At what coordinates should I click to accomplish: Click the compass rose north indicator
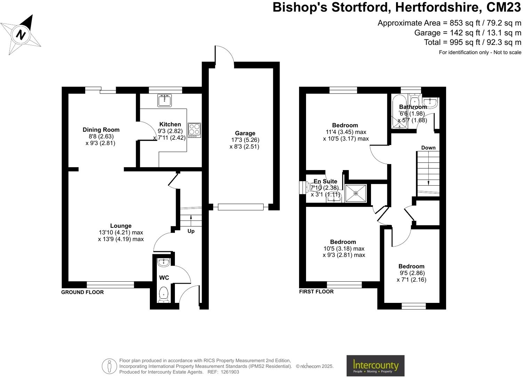tap(21, 34)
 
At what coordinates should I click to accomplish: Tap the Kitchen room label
tap(170, 124)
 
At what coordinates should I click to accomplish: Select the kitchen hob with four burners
tap(194, 130)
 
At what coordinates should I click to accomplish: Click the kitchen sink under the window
tap(164, 100)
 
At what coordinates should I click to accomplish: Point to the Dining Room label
tap(101, 130)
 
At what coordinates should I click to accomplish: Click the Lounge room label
tap(121, 226)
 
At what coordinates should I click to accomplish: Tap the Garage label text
tap(245, 133)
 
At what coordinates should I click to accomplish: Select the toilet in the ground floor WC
tap(163, 294)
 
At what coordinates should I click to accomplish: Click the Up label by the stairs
tap(191, 231)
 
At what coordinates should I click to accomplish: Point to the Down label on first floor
tap(428, 148)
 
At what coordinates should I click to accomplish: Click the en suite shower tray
tap(356, 193)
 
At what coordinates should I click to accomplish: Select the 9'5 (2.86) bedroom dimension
tap(412, 273)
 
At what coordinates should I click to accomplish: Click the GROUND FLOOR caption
tap(82, 292)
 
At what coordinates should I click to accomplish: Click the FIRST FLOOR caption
tap(316, 291)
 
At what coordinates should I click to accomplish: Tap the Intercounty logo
tap(375, 365)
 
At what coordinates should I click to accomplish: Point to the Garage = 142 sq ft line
tap(468, 33)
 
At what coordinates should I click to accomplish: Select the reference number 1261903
tap(228, 372)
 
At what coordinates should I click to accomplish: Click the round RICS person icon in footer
tap(109, 366)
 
